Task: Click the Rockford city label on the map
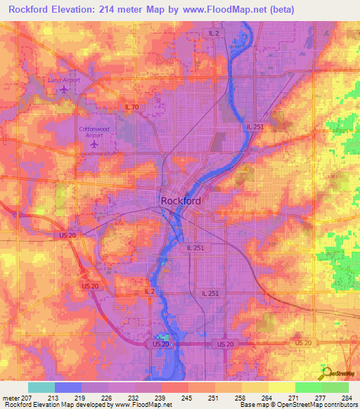[x=181, y=201]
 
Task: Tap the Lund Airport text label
[x=64, y=80]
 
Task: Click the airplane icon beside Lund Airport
[x=64, y=89]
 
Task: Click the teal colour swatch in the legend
[x=41, y=387]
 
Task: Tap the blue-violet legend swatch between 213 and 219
[x=68, y=387]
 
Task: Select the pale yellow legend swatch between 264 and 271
[x=281, y=387]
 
